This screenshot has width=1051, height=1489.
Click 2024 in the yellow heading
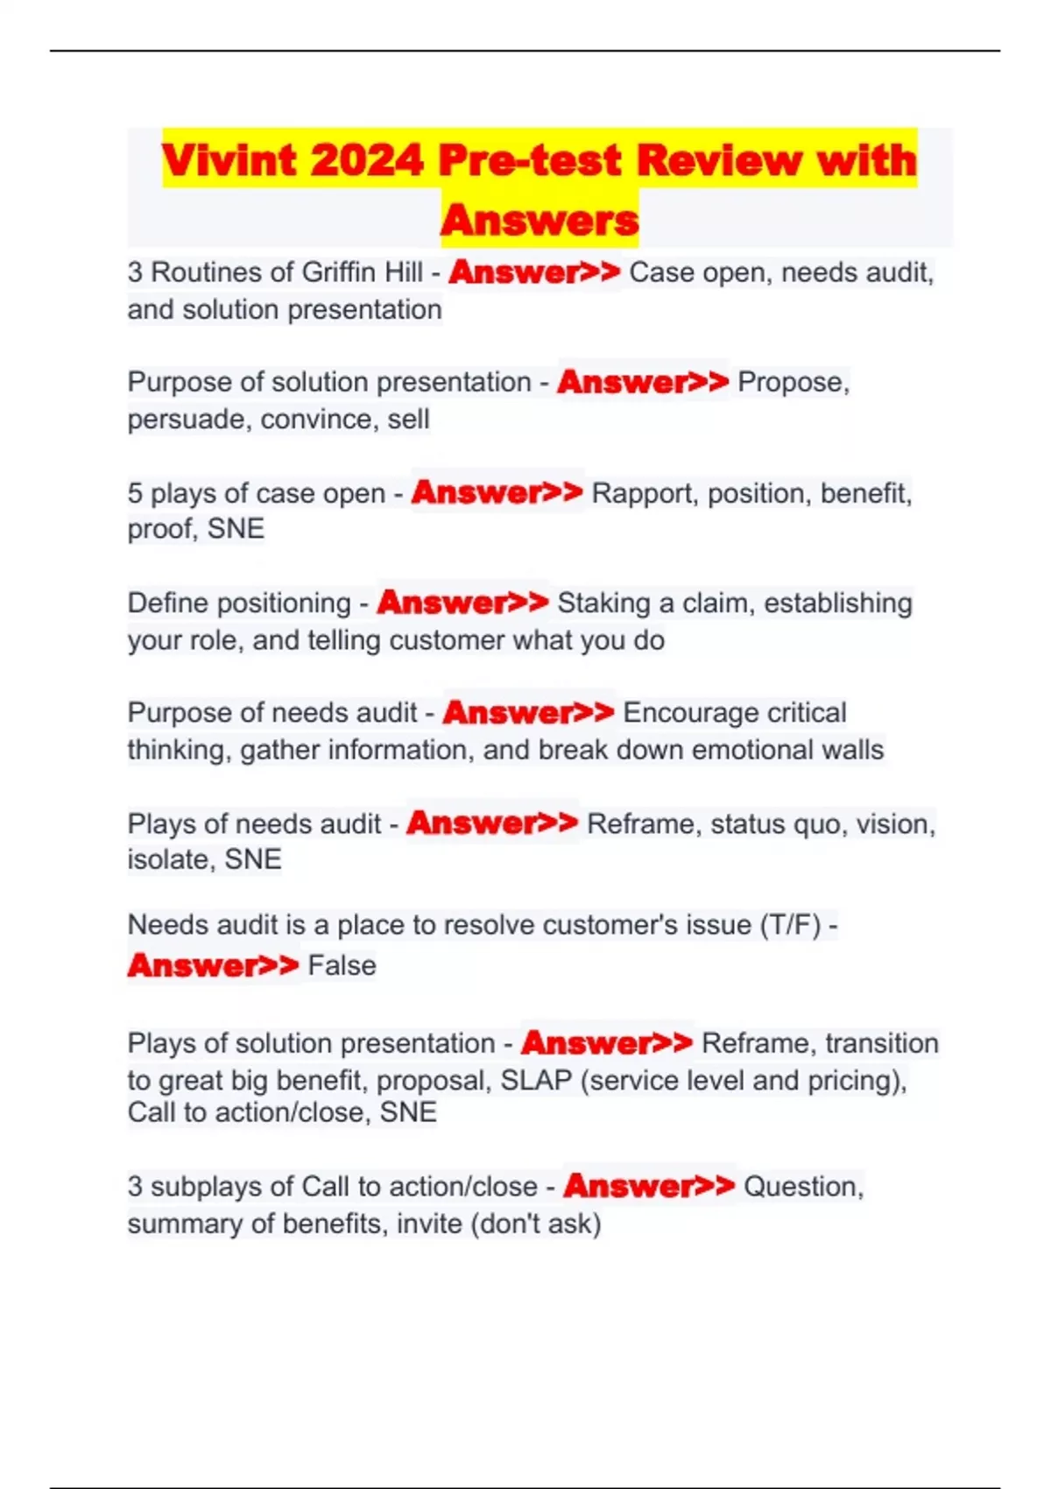click(366, 160)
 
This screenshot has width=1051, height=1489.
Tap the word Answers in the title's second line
click(540, 220)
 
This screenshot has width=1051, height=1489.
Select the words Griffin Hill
click(362, 272)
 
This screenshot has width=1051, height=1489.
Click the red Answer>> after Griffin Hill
click(534, 272)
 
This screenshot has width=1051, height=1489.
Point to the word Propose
click(793, 383)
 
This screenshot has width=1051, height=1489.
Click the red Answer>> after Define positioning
click(462, 603)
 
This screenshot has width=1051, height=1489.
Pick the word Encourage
click(690, 713)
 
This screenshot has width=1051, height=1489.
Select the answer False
click(342, 966)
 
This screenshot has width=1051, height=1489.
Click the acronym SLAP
click(536, 1081)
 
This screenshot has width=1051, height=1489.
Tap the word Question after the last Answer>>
click(801, 1187)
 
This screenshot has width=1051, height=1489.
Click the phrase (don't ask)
click(536, 1224)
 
